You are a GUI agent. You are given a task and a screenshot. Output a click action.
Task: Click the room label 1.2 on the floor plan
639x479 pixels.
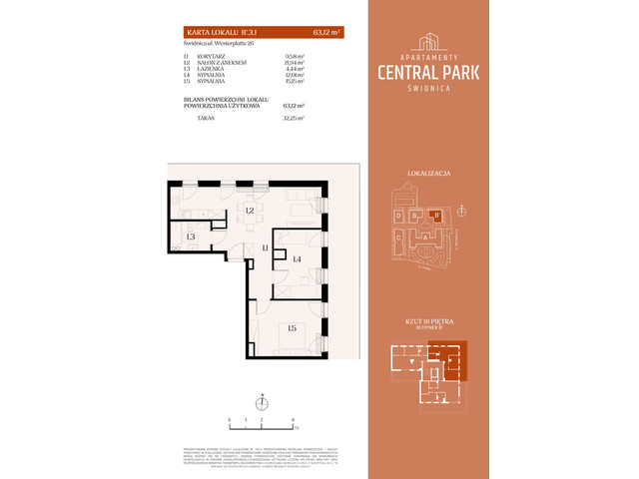[251, 211]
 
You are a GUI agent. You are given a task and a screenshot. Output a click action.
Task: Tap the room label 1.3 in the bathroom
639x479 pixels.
[189, 237]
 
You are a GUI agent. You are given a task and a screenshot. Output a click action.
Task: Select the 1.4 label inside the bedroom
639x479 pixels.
[297, 258]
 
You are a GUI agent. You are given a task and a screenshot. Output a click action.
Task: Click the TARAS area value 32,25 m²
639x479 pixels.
[292, 118]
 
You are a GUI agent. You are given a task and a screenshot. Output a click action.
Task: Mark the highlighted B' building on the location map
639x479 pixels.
[435, 215]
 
